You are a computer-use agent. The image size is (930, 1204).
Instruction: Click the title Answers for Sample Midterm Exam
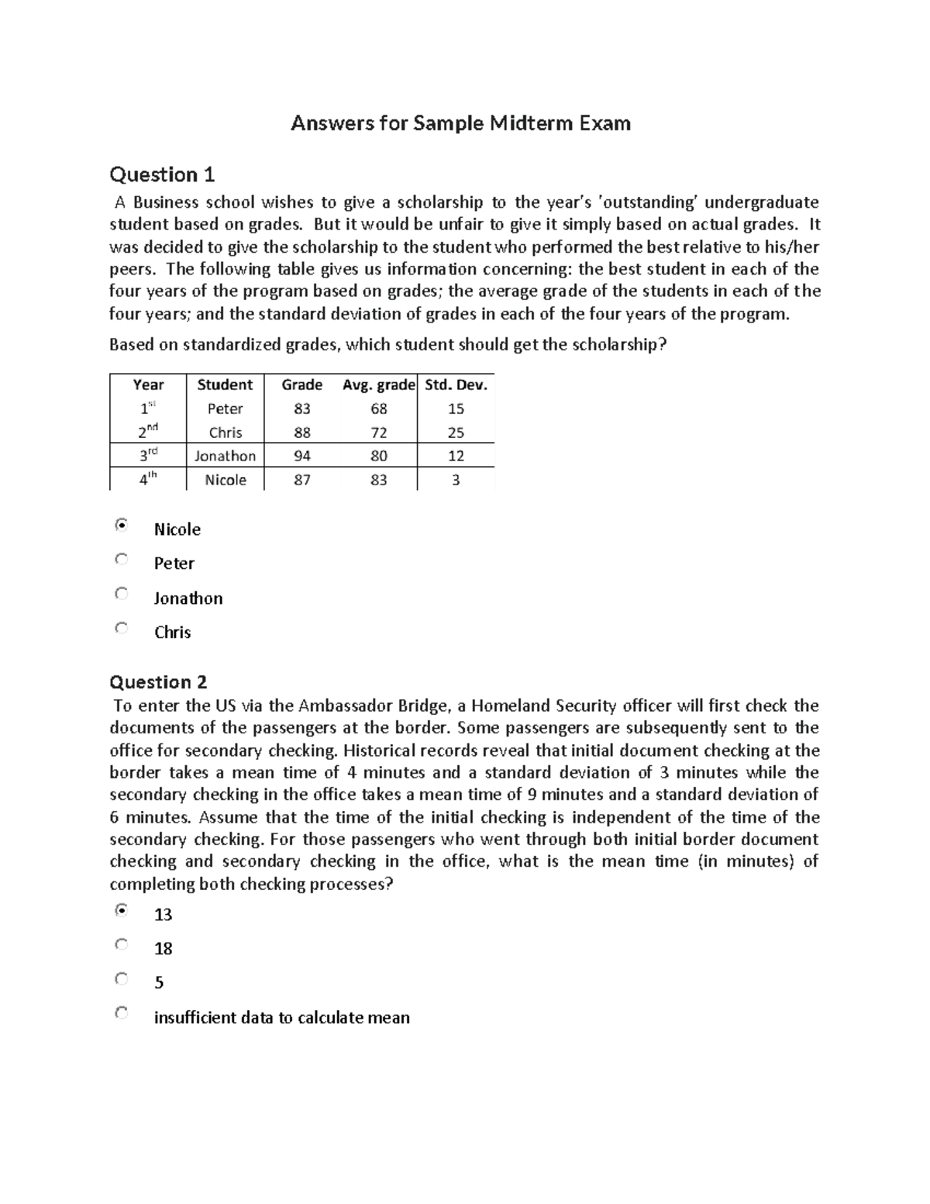460,123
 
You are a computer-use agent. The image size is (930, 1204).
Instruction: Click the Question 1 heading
162,174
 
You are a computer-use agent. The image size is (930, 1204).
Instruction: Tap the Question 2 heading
158,682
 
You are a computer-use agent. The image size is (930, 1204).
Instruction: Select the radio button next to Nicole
121,526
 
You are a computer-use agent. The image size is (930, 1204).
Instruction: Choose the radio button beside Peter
121,560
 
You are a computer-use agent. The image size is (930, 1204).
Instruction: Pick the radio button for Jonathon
121,594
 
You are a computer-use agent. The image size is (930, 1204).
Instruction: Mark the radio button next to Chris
121,628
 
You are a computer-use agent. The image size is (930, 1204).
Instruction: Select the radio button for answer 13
121,911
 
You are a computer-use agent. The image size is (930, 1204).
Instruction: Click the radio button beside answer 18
121,945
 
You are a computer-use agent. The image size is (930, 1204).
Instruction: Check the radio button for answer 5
121,979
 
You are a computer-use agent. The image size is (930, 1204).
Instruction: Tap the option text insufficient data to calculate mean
281,1018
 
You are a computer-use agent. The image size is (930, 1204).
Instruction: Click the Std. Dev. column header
456,385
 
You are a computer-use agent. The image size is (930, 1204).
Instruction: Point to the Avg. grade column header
379,385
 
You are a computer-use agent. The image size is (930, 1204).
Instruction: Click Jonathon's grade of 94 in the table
302,456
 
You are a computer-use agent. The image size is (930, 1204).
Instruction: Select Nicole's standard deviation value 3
456,480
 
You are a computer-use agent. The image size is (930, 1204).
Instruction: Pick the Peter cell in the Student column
225,409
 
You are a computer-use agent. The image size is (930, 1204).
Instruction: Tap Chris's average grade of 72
378,433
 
